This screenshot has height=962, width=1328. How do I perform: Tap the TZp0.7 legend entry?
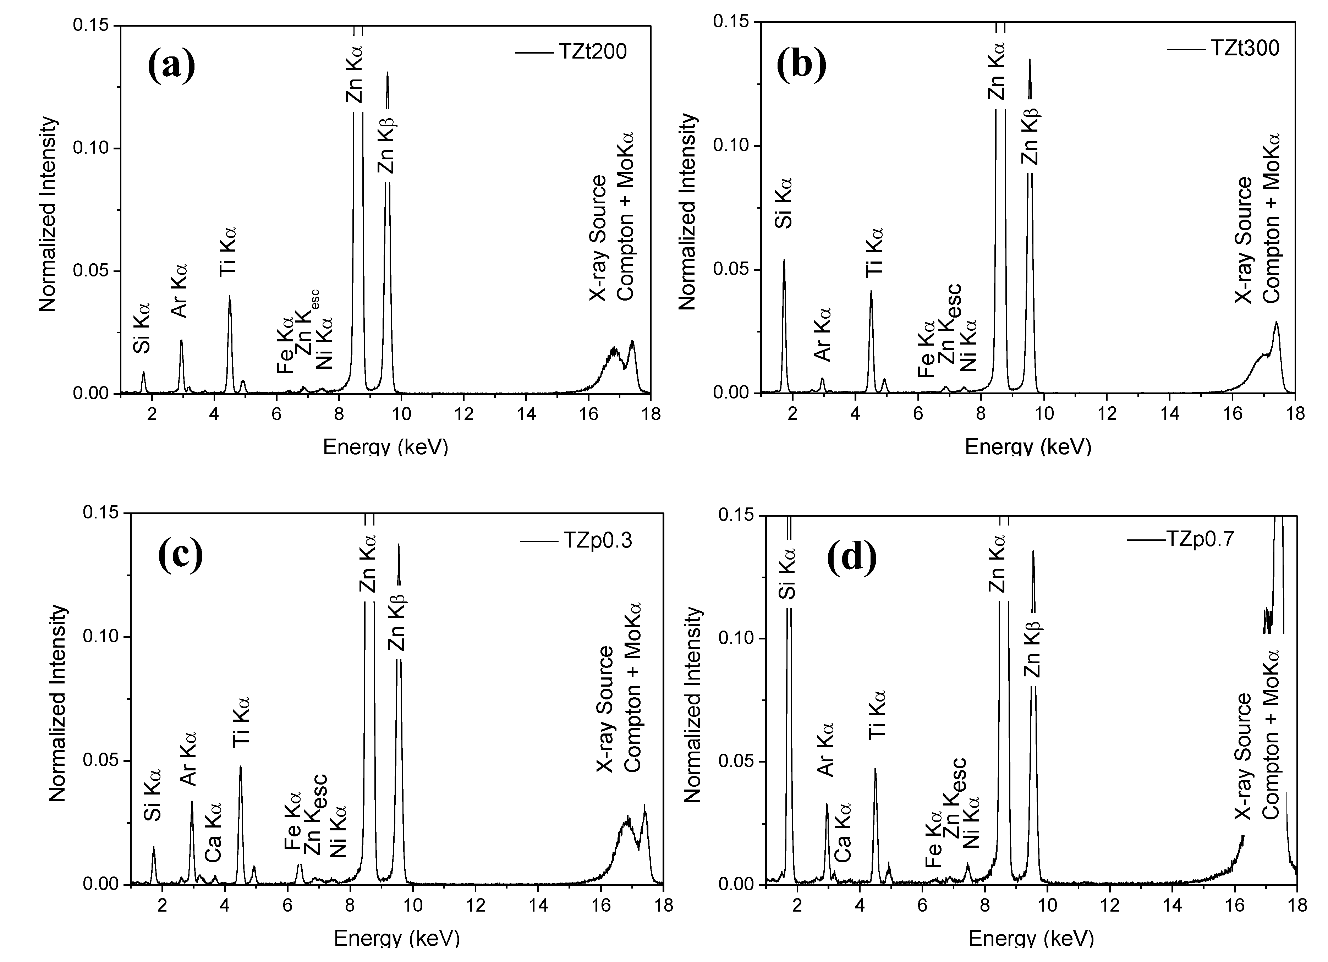pos(1200,538)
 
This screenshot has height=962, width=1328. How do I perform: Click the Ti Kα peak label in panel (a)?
pos(228,252)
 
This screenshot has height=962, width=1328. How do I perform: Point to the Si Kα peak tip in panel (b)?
pos(784,260)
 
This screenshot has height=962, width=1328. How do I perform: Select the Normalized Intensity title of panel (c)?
pos(57,703)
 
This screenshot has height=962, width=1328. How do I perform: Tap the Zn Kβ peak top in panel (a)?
pos(387,73)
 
